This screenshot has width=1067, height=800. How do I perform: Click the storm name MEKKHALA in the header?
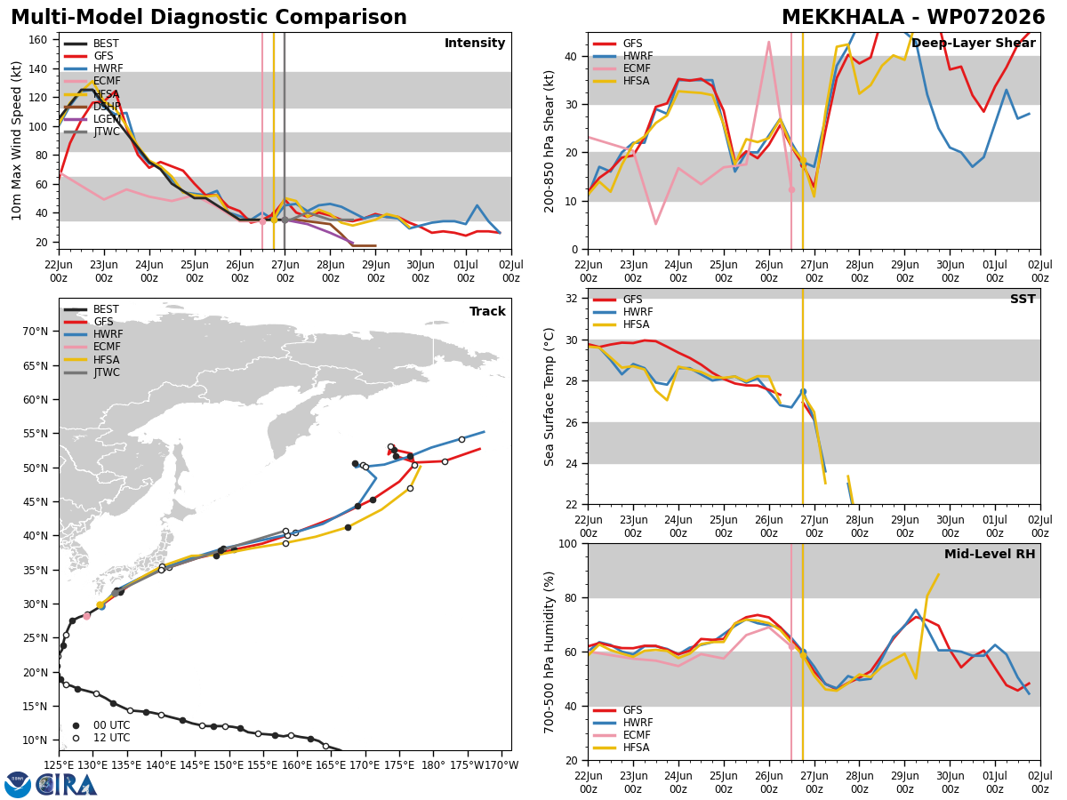[842, 17]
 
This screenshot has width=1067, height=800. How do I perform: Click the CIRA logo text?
[66, 785]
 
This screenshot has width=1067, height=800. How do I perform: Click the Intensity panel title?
[475, 43]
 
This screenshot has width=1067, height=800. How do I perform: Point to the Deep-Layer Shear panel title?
[973, 43]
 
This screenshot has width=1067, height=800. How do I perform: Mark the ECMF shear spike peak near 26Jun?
[768, 42]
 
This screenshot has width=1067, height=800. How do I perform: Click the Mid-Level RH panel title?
[990, 554]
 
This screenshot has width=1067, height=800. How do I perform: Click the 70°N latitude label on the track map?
[36, 332]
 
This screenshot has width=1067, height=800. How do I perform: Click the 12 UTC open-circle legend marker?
[76, 739]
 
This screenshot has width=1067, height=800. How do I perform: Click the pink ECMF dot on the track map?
[86, 616]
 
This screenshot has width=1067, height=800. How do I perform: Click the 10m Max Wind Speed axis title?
[16, 140]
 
